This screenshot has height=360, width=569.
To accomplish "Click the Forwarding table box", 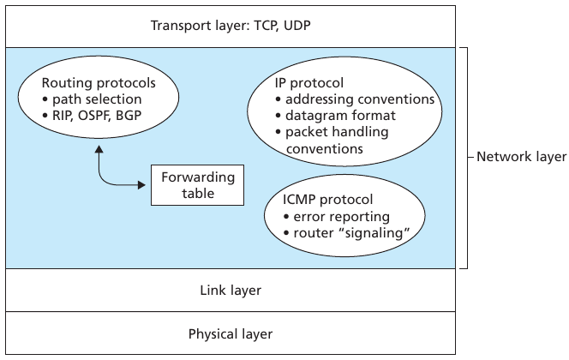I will tap(197, 184).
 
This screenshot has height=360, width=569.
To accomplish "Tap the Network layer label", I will tap(521, 157).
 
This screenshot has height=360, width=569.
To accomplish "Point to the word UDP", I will tap(296, 25).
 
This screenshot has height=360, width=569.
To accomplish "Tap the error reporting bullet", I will tap(336, 217).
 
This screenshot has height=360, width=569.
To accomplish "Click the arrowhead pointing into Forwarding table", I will tap(143, 184).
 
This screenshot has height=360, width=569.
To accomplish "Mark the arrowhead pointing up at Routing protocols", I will tap(101, 149).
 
